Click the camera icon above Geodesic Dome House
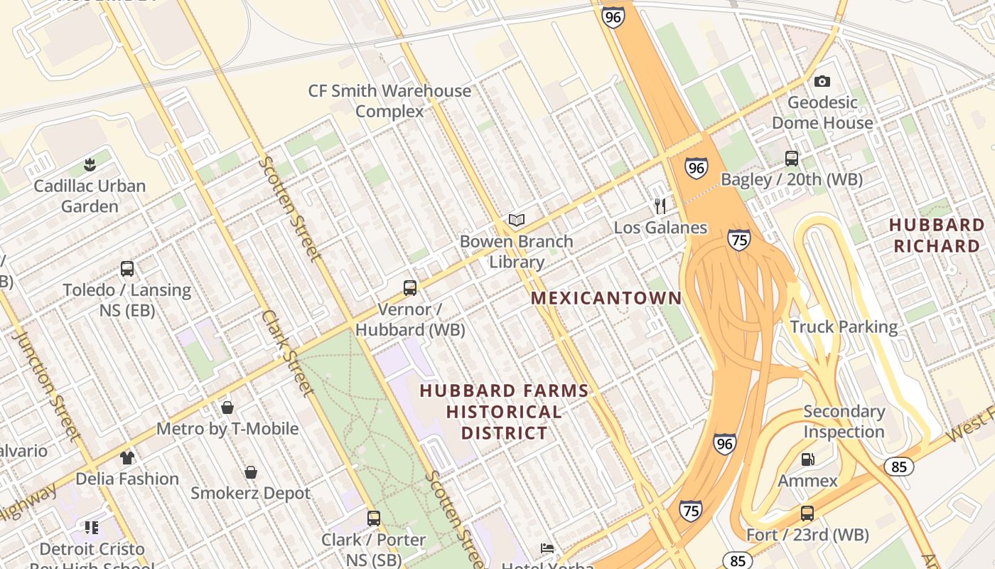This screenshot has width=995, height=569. coord(822,81)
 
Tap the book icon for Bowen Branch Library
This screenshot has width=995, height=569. coord(517,220)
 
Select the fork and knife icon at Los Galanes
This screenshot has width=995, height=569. coord(660,206)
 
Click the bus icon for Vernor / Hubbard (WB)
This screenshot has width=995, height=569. coord(410,288)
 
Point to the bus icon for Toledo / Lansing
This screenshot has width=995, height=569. coord(127,269)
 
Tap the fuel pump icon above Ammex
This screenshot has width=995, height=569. coord(807,459)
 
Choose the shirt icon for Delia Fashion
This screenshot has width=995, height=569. coord(127,457)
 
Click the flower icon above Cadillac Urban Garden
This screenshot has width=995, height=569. coord(90,165)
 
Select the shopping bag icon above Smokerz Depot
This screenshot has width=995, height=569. coord(251,472)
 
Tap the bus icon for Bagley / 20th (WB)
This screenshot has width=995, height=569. coord(792,158)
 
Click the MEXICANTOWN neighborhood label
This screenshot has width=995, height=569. coord(606,298)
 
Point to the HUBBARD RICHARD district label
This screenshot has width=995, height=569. coord(937,235)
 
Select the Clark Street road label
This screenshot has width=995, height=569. coord(287,352)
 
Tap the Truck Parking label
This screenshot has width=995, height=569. coord(844,326)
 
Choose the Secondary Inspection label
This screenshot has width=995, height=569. coord(844,421)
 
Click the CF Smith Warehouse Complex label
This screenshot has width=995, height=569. coord(389,101)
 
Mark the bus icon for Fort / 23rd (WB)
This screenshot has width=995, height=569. coord(807,514)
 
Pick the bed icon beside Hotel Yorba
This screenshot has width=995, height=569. coord(547,548)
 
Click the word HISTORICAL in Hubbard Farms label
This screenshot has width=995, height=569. coord(504,412)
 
